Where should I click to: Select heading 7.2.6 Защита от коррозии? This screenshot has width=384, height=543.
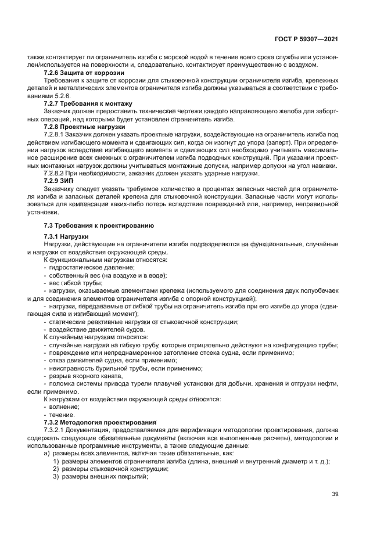(x=84, y=73)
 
